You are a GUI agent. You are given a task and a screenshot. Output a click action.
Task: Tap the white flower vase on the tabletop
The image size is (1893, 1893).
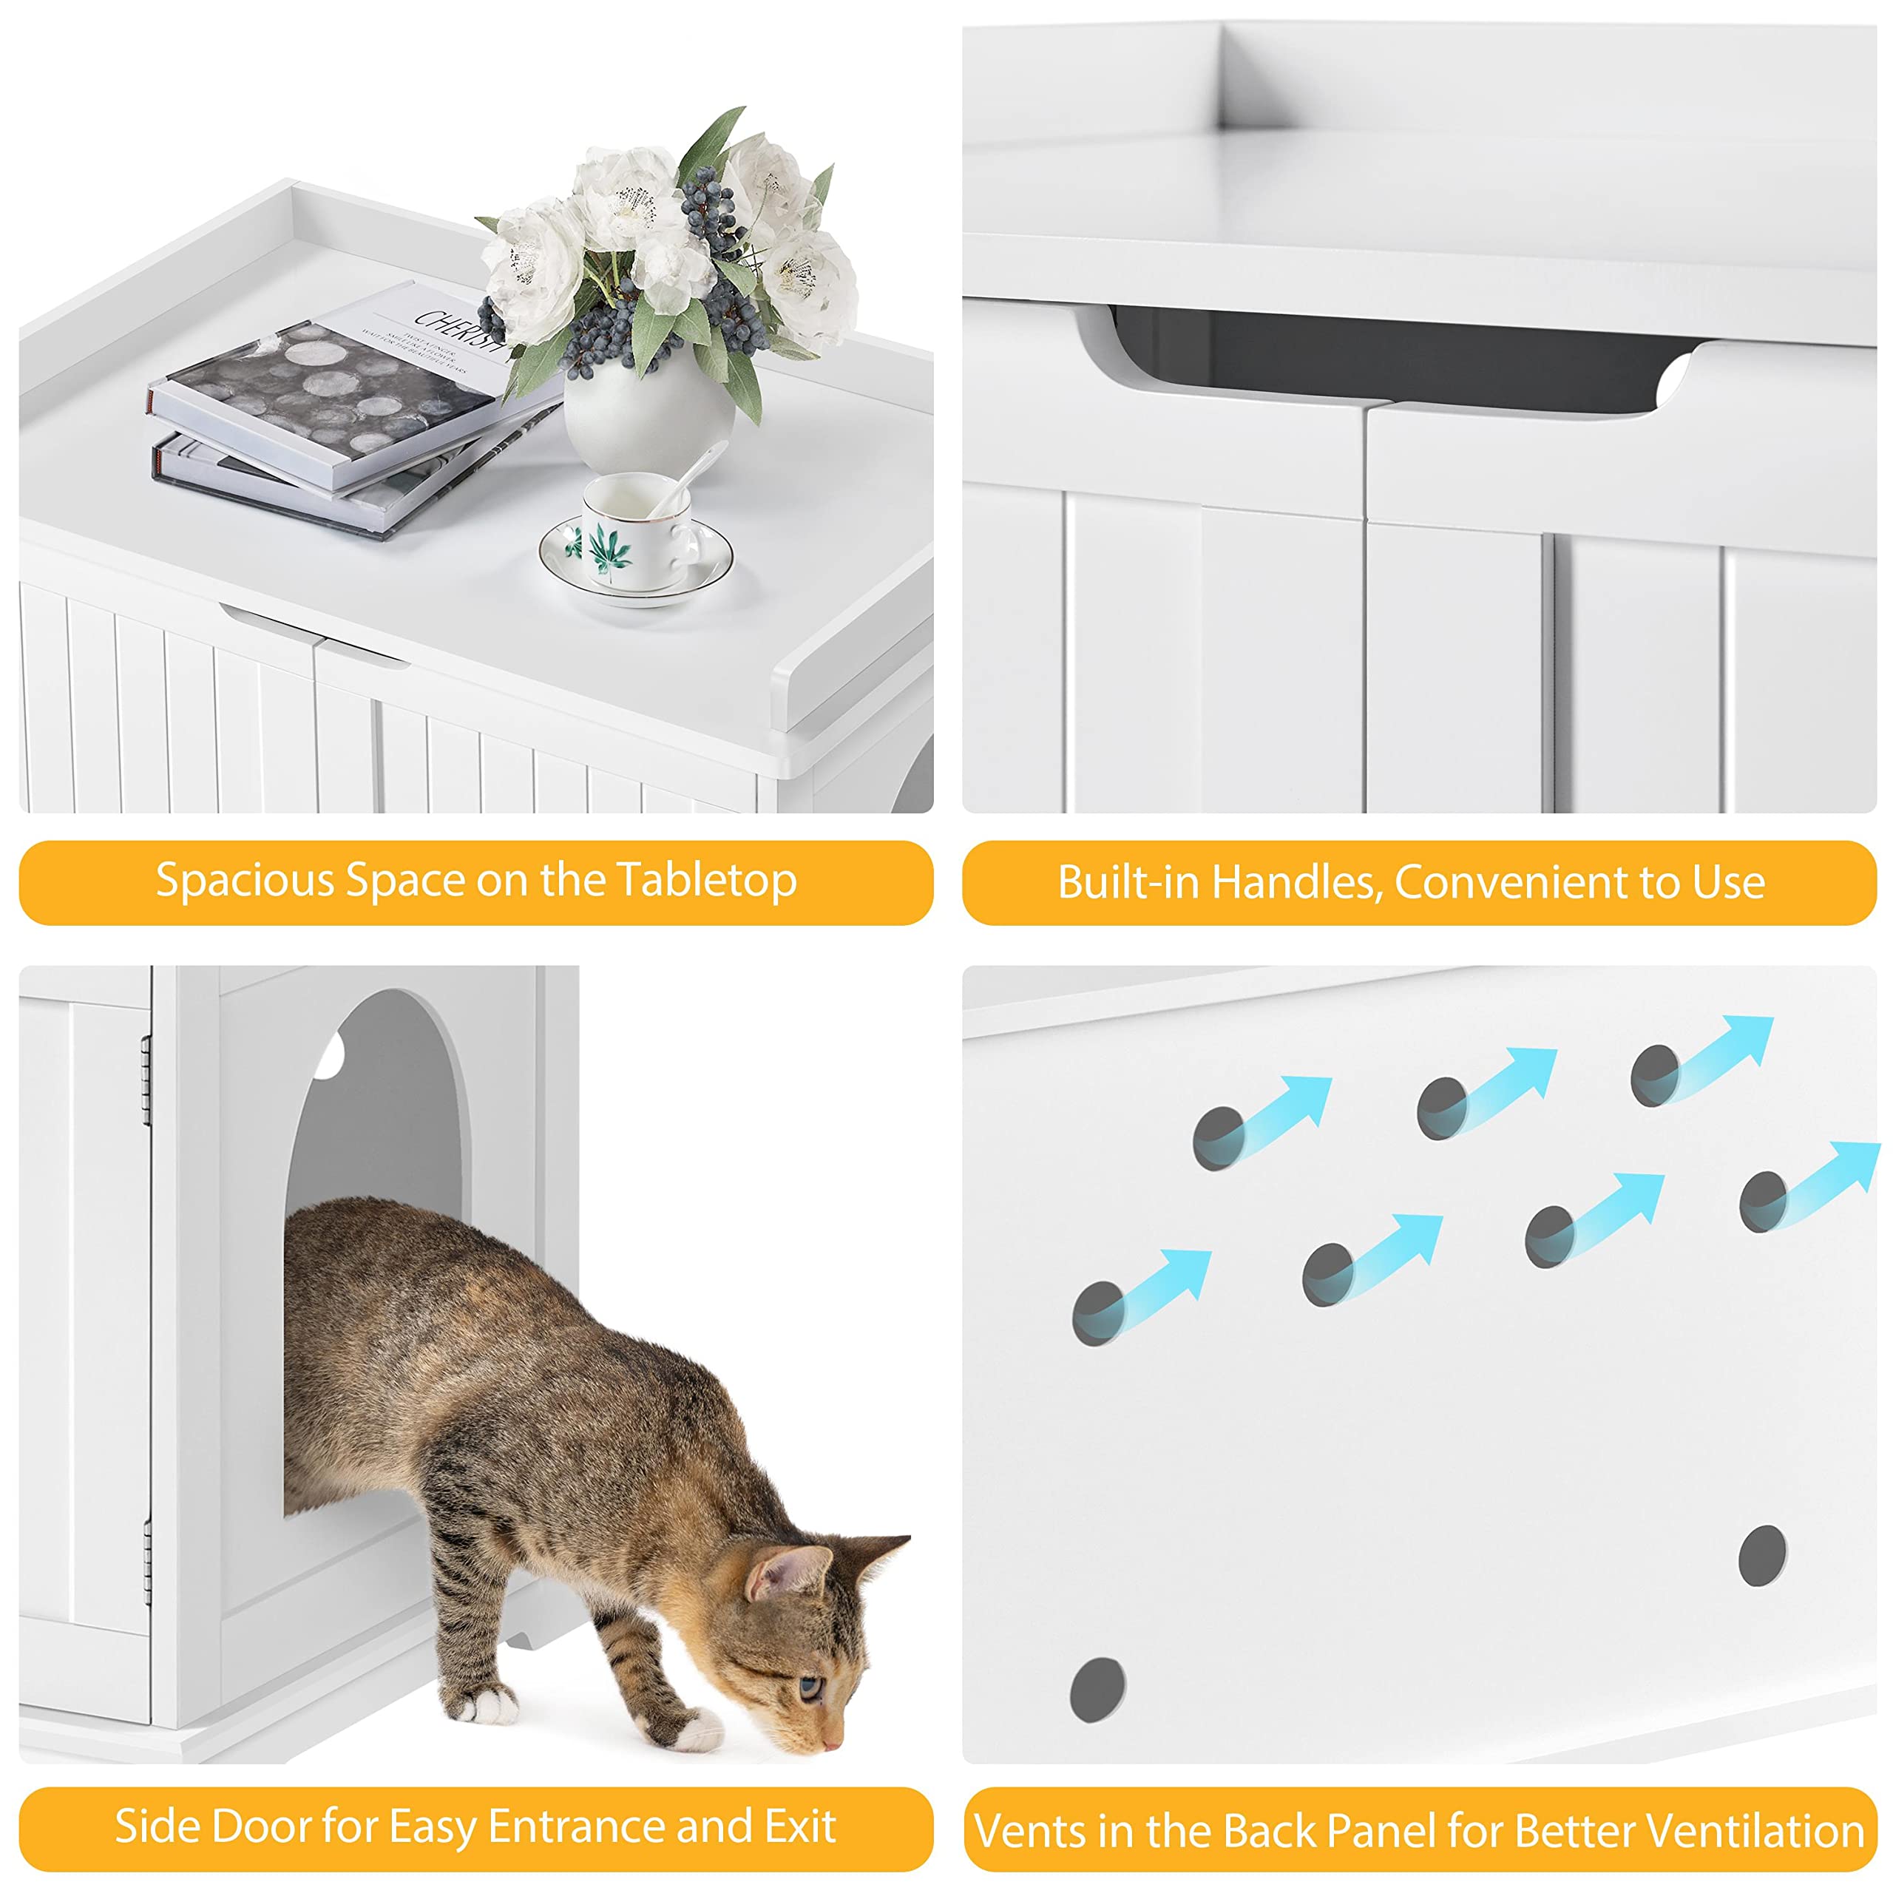(x=649, y=416)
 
